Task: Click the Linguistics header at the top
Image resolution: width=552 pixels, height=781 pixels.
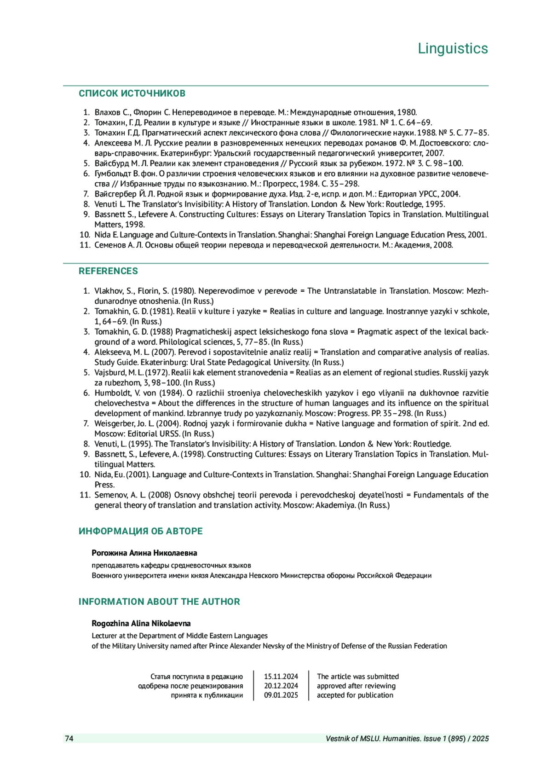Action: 453,48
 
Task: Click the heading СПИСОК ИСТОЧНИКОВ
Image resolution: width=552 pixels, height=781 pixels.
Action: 132,93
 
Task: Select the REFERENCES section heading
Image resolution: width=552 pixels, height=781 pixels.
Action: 108,271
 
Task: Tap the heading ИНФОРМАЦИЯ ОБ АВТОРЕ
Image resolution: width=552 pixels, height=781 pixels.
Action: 140,531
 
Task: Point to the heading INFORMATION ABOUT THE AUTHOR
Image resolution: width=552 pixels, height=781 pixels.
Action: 159,602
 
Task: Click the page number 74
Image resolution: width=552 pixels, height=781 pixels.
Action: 69,739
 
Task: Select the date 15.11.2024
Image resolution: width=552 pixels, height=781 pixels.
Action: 281,677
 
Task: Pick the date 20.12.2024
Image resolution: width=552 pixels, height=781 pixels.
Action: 281,686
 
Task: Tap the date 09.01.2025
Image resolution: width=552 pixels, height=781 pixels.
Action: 281,695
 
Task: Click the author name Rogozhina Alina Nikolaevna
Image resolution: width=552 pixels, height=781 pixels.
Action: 141,623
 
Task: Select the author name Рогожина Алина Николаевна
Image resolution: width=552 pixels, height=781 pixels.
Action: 144,553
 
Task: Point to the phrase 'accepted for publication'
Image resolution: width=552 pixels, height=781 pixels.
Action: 355,695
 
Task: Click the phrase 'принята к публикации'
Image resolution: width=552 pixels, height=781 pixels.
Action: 207,695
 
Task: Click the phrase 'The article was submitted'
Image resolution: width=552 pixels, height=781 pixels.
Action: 357,677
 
